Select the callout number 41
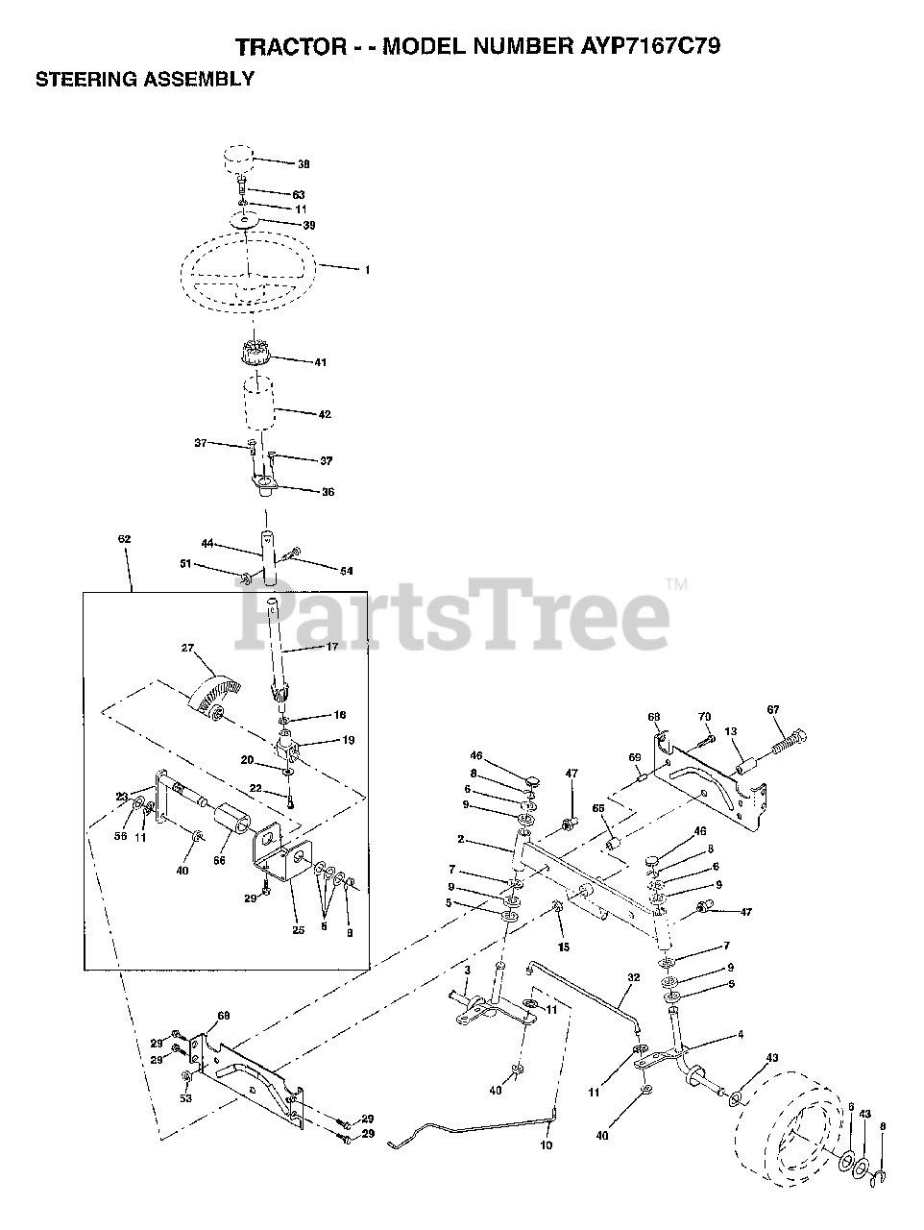(x=320, y=362)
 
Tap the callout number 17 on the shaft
(x=332, y=647)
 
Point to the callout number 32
(x=633, y=976)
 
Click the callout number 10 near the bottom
(x=547, y=1145)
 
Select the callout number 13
(x=732, y=731)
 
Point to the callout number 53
(x=185, y=1097)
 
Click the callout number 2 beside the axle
(x=462, y=839)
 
